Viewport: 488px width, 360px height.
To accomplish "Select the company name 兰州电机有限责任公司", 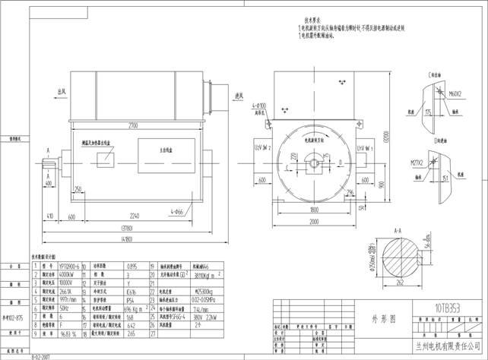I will [x=442, y=347].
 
